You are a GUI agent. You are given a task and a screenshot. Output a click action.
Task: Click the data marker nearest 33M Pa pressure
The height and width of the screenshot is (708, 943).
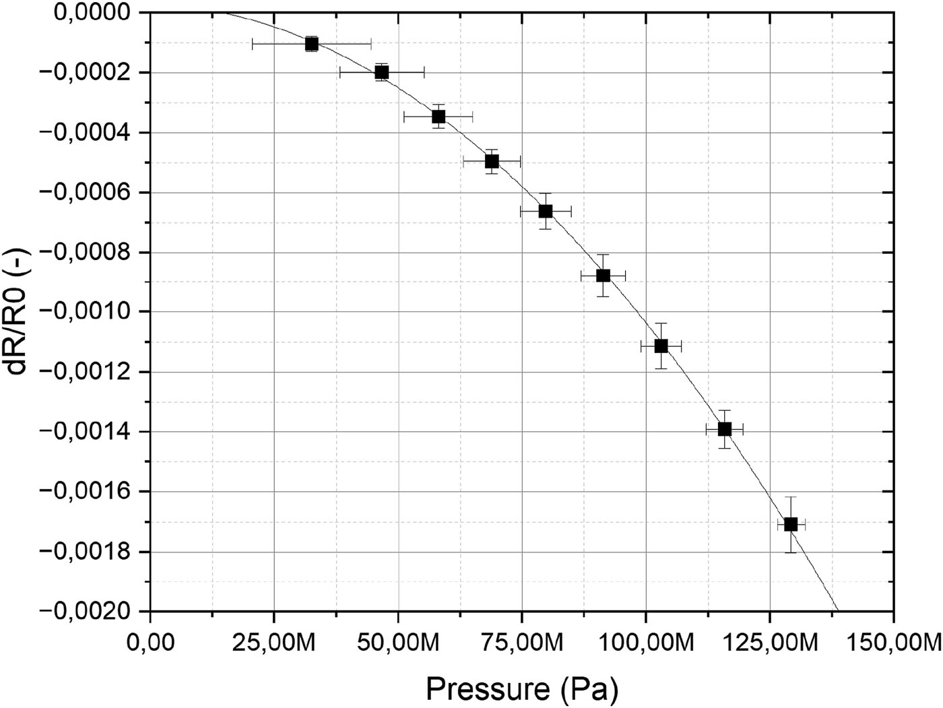click(x=311, y=44)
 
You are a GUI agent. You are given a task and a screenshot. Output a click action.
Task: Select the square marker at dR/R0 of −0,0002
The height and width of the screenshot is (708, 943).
click(x=382, y=72)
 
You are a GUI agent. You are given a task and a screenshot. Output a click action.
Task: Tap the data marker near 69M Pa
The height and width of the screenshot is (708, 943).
click(x=492, y=161)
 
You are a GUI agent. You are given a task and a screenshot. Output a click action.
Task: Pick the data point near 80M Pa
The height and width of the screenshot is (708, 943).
click(x=546, y=212)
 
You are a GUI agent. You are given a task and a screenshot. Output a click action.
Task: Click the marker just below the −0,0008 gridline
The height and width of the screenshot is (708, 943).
click(x=603, y=276)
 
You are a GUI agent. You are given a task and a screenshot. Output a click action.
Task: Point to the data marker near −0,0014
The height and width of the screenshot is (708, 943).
click(x=724, y=429)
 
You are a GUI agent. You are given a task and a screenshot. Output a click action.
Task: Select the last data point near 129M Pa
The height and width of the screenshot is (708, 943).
click(x=791, y=524)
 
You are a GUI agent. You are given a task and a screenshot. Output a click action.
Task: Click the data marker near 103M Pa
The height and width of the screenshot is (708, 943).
click(x=661, y=346)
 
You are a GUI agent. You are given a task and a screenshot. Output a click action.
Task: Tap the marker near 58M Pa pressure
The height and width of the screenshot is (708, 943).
click(x=438, y=117)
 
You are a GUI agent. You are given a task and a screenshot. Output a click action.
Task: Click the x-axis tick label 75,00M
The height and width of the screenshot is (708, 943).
click(x=521, y=640)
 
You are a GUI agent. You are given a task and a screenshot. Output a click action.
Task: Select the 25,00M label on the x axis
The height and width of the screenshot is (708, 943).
click(x=273, y=640)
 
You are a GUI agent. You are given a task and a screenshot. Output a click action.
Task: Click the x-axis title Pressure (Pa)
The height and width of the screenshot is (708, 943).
click(x=521, y=688)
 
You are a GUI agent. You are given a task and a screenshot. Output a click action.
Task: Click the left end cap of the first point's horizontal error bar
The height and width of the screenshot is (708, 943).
click(x=252, y=44)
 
